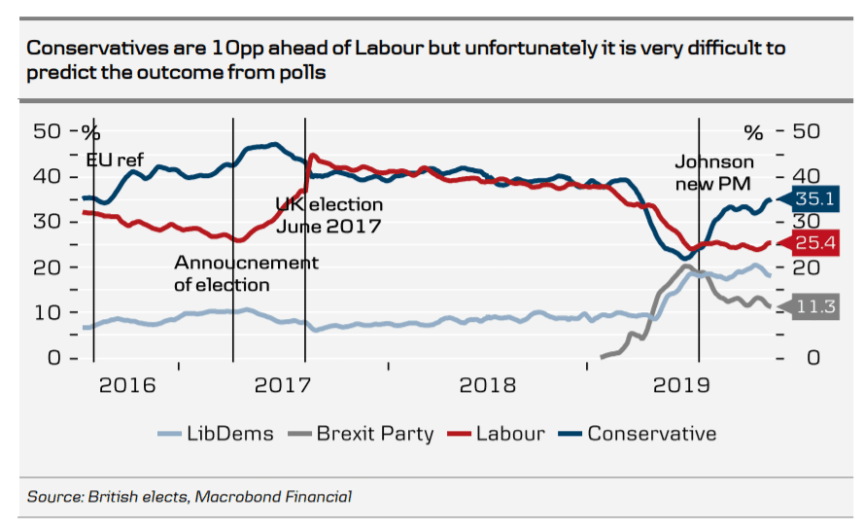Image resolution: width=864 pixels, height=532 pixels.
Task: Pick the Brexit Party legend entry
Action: (363, 434)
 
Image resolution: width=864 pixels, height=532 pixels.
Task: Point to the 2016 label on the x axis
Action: (128, 385)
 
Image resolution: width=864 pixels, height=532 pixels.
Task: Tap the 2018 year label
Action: (488, 385)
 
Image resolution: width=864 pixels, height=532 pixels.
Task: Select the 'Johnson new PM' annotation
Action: (714, 171)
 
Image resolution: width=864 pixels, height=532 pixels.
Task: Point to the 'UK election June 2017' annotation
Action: (328, 215)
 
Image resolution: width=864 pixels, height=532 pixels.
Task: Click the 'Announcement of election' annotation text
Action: (246, 273)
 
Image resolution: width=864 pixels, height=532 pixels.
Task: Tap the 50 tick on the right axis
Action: (809, 131)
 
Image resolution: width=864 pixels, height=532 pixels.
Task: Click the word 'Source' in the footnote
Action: (54, 497)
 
